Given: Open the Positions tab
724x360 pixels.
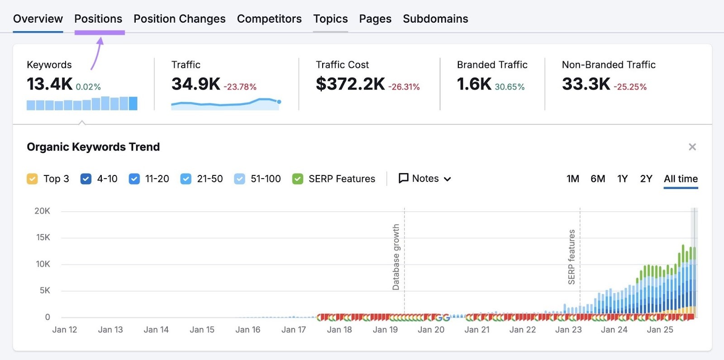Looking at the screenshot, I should (x=98, y=19).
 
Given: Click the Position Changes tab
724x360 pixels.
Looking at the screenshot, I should (x=179, y=19).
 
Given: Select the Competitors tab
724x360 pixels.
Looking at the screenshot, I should (x=269, y=19).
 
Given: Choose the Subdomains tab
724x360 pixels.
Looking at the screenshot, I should (x=435, y=19).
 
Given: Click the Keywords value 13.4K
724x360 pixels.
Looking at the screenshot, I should (x=49, y=84).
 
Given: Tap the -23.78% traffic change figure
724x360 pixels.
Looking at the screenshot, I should (x=240, y=87).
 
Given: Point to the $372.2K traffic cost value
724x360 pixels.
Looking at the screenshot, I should (x=350, y=84).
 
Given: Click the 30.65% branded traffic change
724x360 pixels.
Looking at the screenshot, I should (x=510, y=87).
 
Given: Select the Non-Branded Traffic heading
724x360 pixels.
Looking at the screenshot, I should (x=609, y=65).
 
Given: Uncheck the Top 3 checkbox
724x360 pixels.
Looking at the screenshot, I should (x=32, y=179).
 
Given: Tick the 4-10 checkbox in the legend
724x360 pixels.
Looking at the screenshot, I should (x=86, y=179).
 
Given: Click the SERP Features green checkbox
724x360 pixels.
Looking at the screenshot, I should (x=298, y=179).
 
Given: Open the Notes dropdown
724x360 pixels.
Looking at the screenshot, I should (x=425, y=179).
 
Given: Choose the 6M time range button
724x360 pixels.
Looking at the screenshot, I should (x=598, y=179).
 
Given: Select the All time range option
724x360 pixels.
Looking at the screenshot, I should (x=681, y=179).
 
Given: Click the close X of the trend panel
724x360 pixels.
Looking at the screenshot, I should (x=692, y=147).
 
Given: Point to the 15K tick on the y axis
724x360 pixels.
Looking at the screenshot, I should (x=43, y=237).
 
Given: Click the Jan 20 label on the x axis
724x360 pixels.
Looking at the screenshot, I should (x=431, y=330).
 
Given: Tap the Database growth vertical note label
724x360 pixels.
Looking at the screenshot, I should (x=396, y=257).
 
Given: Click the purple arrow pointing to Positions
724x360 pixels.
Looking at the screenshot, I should (x=97, y=53).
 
